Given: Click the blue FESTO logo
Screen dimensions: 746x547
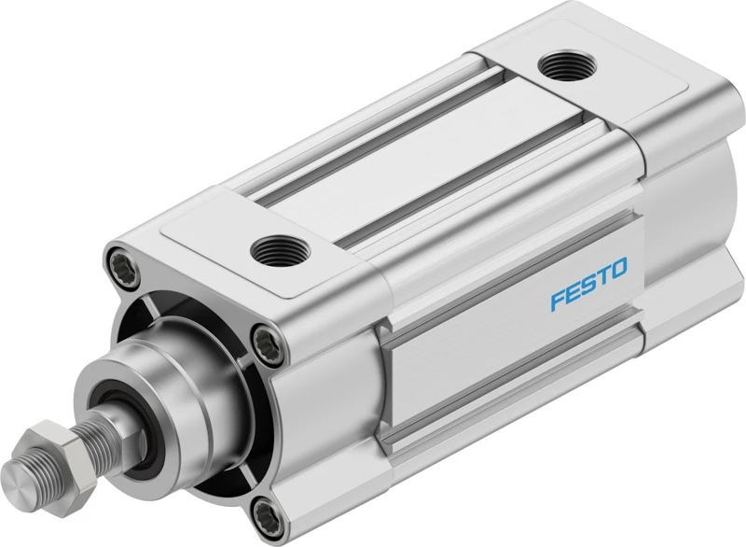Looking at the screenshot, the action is [589, 284].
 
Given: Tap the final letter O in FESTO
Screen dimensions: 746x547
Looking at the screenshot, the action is [619, 268].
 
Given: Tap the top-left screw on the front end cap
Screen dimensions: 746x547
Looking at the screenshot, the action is [123, 264].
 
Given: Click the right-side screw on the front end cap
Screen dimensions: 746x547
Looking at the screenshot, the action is [269, 344].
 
